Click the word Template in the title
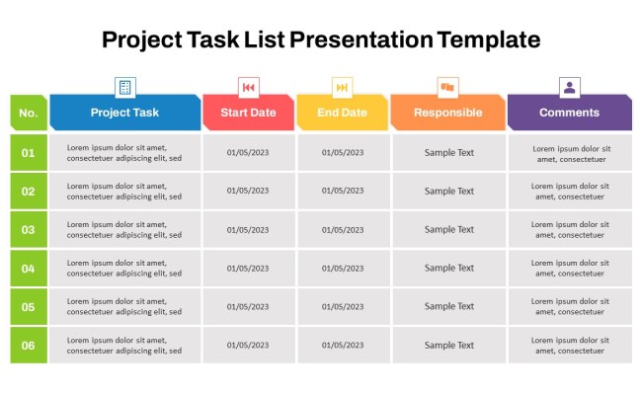489,39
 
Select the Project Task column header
124,113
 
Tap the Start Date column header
248,113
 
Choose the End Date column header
342,113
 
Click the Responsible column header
447,113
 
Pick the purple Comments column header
569,113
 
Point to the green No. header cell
29,113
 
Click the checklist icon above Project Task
125,87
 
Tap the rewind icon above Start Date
249,87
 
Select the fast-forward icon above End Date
343,87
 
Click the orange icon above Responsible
447,87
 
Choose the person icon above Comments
570,87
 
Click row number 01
29,153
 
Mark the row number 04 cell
29,269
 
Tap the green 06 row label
29,346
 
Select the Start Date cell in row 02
248,192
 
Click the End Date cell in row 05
343,307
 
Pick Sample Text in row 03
449,230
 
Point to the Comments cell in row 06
570,346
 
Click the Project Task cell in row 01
124,153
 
